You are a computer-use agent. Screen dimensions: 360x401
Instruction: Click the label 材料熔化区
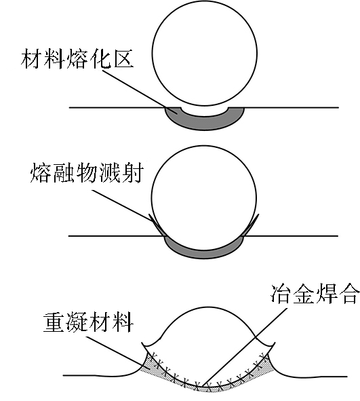coord(77,58)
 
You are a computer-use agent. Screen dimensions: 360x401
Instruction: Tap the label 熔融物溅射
coord(87,172)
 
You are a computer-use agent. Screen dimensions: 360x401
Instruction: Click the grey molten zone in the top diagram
coord(204,123)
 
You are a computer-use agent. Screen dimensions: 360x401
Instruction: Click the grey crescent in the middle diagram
coord(204,253)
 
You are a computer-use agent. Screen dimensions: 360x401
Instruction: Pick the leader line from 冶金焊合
coord(245,346)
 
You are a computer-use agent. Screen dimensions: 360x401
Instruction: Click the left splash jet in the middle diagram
coord(157,225)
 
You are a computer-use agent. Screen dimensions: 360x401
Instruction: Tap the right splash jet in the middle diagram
coord(250,225)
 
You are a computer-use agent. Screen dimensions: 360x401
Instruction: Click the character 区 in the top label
coord(123,58)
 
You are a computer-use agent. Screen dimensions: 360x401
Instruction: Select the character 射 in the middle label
coord(132,172)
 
